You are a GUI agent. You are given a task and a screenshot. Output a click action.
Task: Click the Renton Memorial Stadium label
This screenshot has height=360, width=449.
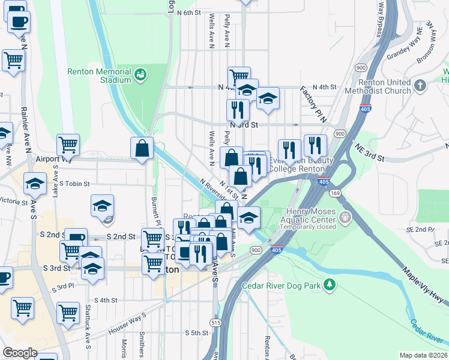[x=99, y=75]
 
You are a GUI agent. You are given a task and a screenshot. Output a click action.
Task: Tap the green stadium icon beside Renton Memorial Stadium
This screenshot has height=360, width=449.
[x=141, y=74]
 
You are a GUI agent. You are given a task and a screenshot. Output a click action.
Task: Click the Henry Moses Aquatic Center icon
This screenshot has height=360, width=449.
[x=345, y=216]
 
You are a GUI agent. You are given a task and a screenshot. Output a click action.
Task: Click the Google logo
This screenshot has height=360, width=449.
[x=20, y=353]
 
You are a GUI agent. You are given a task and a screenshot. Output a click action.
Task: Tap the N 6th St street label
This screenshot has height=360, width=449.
[x=184, y=13]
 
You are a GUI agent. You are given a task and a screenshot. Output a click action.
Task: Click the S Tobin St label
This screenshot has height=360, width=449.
[x=74, y=184]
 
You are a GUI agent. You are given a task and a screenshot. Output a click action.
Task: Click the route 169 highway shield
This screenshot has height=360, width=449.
[x=335, y=193]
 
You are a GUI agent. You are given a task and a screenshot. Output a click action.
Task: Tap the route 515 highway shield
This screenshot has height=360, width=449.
[x=215, y=322]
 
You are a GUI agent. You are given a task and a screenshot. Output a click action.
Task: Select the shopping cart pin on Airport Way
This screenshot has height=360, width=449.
[x=68, y=144]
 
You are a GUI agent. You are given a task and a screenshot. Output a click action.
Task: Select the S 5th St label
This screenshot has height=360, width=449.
[x=196, y=332]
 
